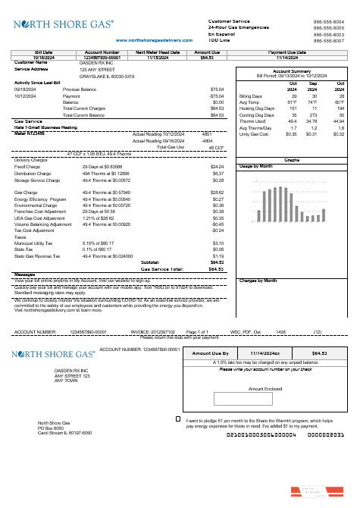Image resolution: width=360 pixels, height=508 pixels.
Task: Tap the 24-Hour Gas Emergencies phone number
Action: tap(334, 27)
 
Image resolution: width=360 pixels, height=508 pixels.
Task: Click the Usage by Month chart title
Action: tap(254, 165)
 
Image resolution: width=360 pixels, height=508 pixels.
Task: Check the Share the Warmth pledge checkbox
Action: tap(177, 418)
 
